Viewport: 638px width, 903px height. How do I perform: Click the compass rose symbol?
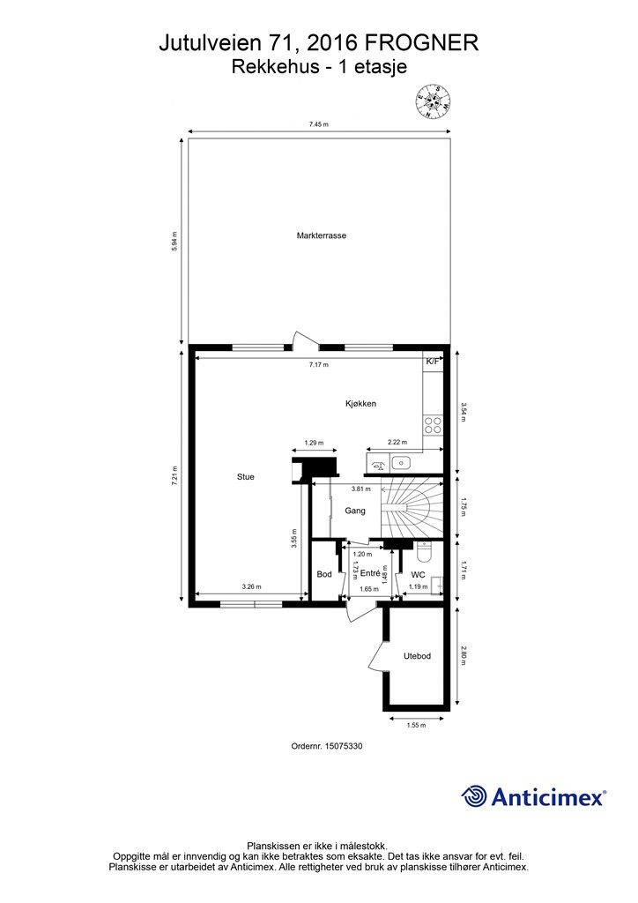(x=433, y=101)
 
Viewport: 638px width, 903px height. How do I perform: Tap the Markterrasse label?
(x=322, y=235)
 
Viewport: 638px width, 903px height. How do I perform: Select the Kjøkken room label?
(x=360, y=404)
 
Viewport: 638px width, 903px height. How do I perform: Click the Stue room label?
(x=246, y=477)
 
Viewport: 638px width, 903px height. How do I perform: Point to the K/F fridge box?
(x=433, y=362)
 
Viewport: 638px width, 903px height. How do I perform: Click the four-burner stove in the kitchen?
(x=433, y=425)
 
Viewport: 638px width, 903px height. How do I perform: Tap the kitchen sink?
(x=400, y=462)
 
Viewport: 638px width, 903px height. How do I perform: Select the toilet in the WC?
(x=424, y=552)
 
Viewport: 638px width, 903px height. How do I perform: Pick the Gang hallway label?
(x=355, y=511)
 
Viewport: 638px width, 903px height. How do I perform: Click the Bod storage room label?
(x=324, y=574)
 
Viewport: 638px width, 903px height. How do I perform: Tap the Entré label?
(x=370, y=573)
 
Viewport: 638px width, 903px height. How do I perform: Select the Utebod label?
(x=417, y=656)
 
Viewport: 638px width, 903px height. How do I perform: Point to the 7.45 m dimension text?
(x=318, y=123)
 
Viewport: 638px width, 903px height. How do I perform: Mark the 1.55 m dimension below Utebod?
(x=416, y=726)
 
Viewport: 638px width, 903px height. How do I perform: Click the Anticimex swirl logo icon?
(x=474, y=797)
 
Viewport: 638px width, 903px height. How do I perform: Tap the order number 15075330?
(x=344, y=746)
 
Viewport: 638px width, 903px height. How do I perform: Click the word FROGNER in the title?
(x=422, y=43)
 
